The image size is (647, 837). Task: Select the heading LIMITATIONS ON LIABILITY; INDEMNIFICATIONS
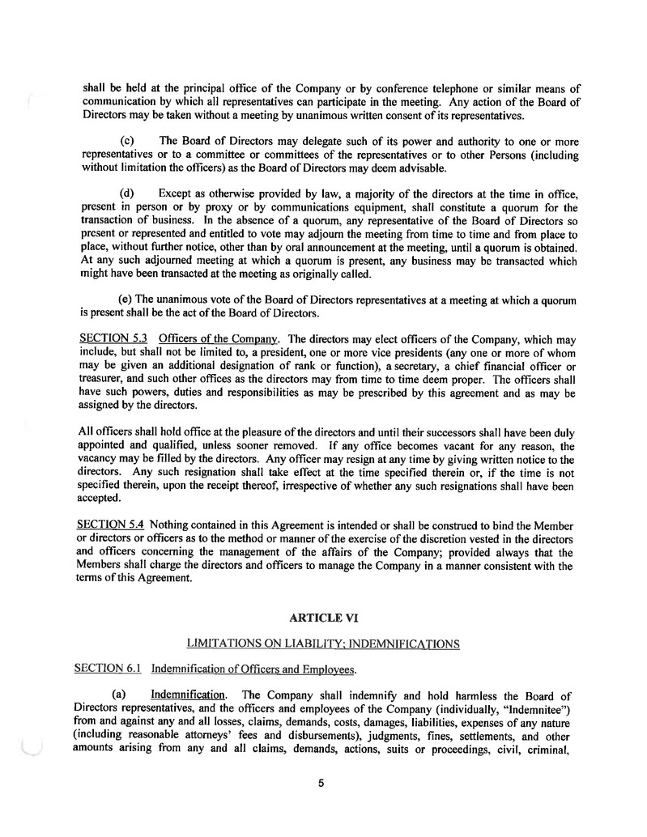323,644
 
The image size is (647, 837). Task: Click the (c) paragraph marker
127,140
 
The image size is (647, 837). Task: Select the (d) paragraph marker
127,193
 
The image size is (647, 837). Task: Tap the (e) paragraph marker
127,300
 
